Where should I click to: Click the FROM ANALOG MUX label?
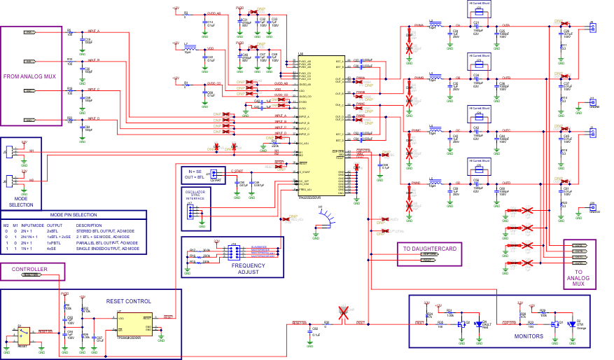29,76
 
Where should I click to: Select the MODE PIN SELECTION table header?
74,214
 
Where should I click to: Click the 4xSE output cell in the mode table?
52,249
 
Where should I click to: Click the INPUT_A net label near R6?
93,32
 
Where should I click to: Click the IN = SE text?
194,171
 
